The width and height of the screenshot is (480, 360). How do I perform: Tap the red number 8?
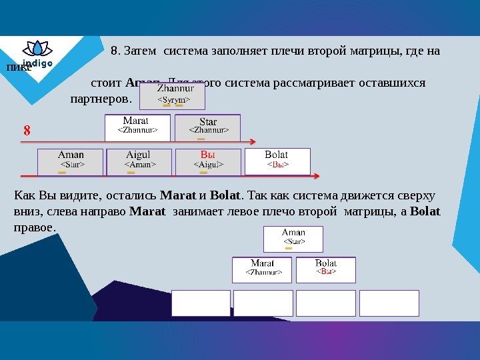[x=27, y=131]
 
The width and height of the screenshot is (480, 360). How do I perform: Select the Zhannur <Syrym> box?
[x=172, y=95]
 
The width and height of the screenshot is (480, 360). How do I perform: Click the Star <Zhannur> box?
[x=207, y=127]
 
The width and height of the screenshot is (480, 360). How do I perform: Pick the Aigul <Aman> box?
[x=139, y=161]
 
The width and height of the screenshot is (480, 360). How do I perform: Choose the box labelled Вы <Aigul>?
[x=207, y=161]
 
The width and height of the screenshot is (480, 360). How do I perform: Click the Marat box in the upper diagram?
[x=137, y=127]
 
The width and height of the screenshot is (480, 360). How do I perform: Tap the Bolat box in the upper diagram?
[x=277, y=161]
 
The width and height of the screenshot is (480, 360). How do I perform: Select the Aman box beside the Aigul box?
[x=70, y=161]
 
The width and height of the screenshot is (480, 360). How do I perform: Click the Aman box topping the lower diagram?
[x=293, y=239]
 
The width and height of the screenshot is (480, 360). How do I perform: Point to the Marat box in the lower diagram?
[x=263, y=269]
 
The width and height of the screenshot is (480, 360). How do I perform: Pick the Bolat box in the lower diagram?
[x=325, y=269]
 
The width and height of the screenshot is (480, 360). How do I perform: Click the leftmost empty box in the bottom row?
[x=200, y=303]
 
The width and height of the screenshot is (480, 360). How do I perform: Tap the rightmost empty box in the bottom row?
[x=389, y=303]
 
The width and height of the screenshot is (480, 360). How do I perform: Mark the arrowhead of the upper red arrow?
[x=253, y=141]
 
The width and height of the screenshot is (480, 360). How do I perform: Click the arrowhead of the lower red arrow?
[x=317, y=176]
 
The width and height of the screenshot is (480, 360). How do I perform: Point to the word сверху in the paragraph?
[x=414, y=195]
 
